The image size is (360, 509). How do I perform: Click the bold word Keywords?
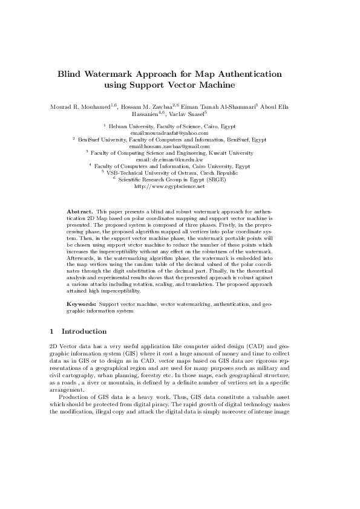(x=81, y=301)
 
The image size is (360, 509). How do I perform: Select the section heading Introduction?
(x=84, y=331)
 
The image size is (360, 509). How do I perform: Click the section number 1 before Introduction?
(x=52, y=331)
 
